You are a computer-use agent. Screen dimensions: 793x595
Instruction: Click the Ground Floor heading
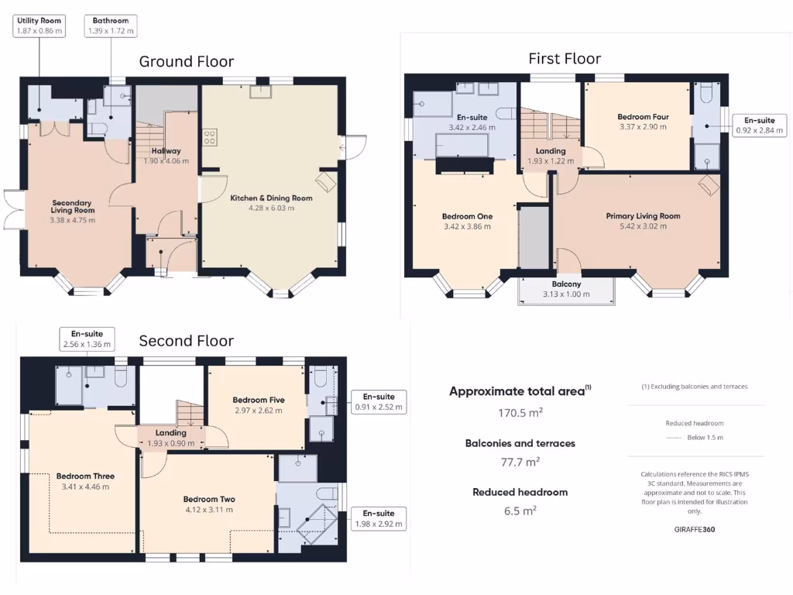(x=186, y=62)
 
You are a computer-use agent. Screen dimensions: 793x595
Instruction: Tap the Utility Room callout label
(x=39, y=26)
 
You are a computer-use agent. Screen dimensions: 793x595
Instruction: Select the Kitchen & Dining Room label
(x=271, y=198)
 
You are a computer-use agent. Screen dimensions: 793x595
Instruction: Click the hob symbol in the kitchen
(x=209, y=137)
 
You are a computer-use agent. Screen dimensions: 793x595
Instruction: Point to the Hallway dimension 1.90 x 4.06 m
(x=166, y=161)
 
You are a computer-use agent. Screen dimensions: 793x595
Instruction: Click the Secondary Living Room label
(x=72, y=206)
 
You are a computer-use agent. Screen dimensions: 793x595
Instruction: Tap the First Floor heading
(x=565, y=59)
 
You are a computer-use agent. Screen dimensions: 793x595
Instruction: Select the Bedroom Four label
(x=643, y=117)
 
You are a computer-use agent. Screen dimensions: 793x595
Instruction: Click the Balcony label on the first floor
(x=566, y=284)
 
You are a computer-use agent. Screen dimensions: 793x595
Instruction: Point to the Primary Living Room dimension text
(x=643, y=226)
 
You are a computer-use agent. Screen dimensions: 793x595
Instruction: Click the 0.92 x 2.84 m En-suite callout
(x=759, y=125)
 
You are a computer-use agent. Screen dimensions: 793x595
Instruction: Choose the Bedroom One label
(x=467, y=217)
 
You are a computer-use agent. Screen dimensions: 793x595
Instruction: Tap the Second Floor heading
(x=186, y=341)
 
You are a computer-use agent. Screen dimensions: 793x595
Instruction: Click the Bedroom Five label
(x=259, y=401)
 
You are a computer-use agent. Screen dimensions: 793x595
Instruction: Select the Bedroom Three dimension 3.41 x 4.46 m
(x=85, y=487)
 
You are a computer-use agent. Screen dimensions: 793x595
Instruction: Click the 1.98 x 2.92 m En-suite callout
(x=378, y=518)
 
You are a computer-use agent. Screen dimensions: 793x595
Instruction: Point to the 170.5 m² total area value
(x=520, y=413)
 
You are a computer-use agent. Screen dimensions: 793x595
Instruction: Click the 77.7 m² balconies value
(x=520, y=462)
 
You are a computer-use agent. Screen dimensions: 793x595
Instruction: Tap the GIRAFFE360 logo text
(x=695, y=530)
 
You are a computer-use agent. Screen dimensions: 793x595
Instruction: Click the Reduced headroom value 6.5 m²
(x=520, y=511)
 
